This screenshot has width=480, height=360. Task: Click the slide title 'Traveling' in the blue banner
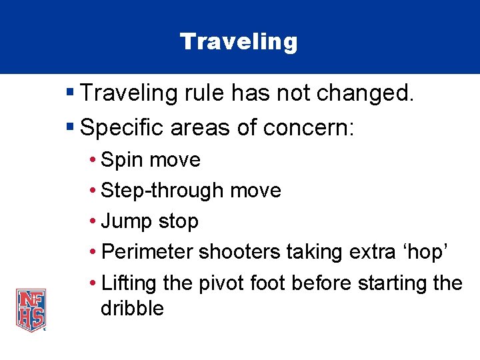tap(239, 42)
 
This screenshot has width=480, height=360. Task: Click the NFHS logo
tap(31, 309)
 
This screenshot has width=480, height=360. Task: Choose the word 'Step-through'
tap(162, 191)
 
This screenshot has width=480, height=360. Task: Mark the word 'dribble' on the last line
tap(132, 309)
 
